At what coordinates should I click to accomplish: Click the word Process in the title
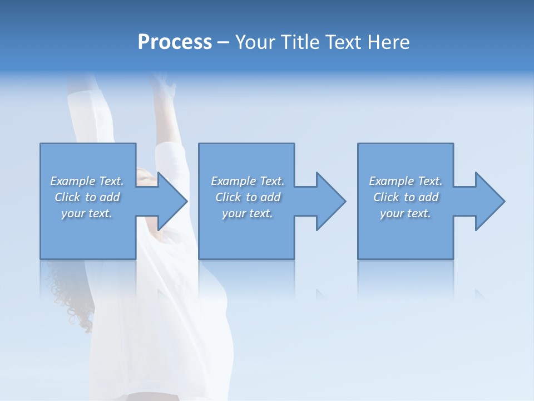coord(175,42)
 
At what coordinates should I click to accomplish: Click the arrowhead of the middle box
coord(332,201)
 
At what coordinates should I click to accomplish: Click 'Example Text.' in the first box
coord(87,181)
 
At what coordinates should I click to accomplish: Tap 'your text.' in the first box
coord(87,213)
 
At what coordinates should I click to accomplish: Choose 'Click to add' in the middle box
coord(248,197)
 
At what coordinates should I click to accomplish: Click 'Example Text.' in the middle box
coord(248,181)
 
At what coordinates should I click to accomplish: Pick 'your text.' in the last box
coord(406,213)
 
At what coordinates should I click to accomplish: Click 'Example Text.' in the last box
coord(406,181)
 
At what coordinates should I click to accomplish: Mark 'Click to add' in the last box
coord(406,197)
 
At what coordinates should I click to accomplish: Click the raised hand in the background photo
coord(163,84)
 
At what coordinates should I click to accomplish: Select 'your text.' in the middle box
coord(248,213)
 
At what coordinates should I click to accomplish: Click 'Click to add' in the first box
coord(87,197)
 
